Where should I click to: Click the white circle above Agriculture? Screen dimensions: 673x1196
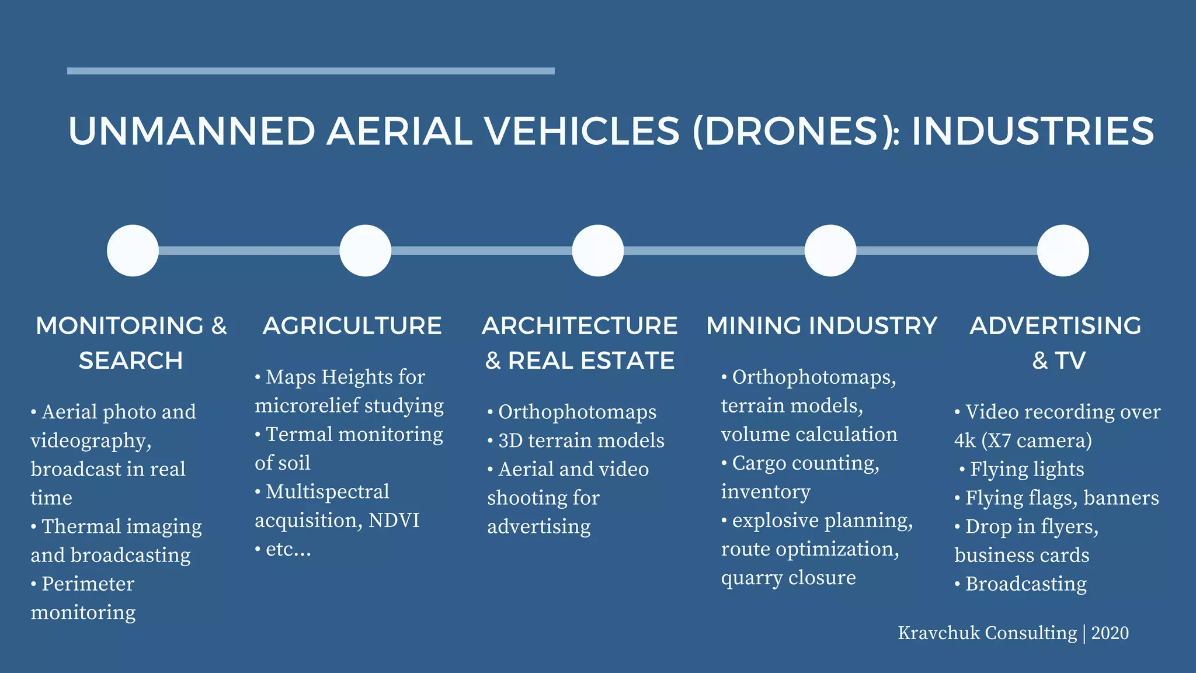point(365,251)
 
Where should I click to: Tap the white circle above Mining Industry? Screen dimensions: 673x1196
point(830,251)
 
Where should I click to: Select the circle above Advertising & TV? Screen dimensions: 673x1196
point(1063,251)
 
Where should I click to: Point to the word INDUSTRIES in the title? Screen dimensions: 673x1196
point(1032,131)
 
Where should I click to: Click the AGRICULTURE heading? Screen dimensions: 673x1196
point(352,326)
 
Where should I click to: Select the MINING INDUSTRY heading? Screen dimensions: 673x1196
point(822,326)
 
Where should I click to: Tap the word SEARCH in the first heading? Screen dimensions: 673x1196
point(131,361)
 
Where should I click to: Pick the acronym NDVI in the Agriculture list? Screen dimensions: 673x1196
point(394,520)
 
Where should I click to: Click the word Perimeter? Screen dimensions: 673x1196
point(88,584)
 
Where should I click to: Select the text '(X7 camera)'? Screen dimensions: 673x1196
point(1036,440)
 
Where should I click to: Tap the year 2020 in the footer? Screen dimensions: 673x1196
point(1110,633)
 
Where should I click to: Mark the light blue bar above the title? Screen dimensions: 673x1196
point(311,71)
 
